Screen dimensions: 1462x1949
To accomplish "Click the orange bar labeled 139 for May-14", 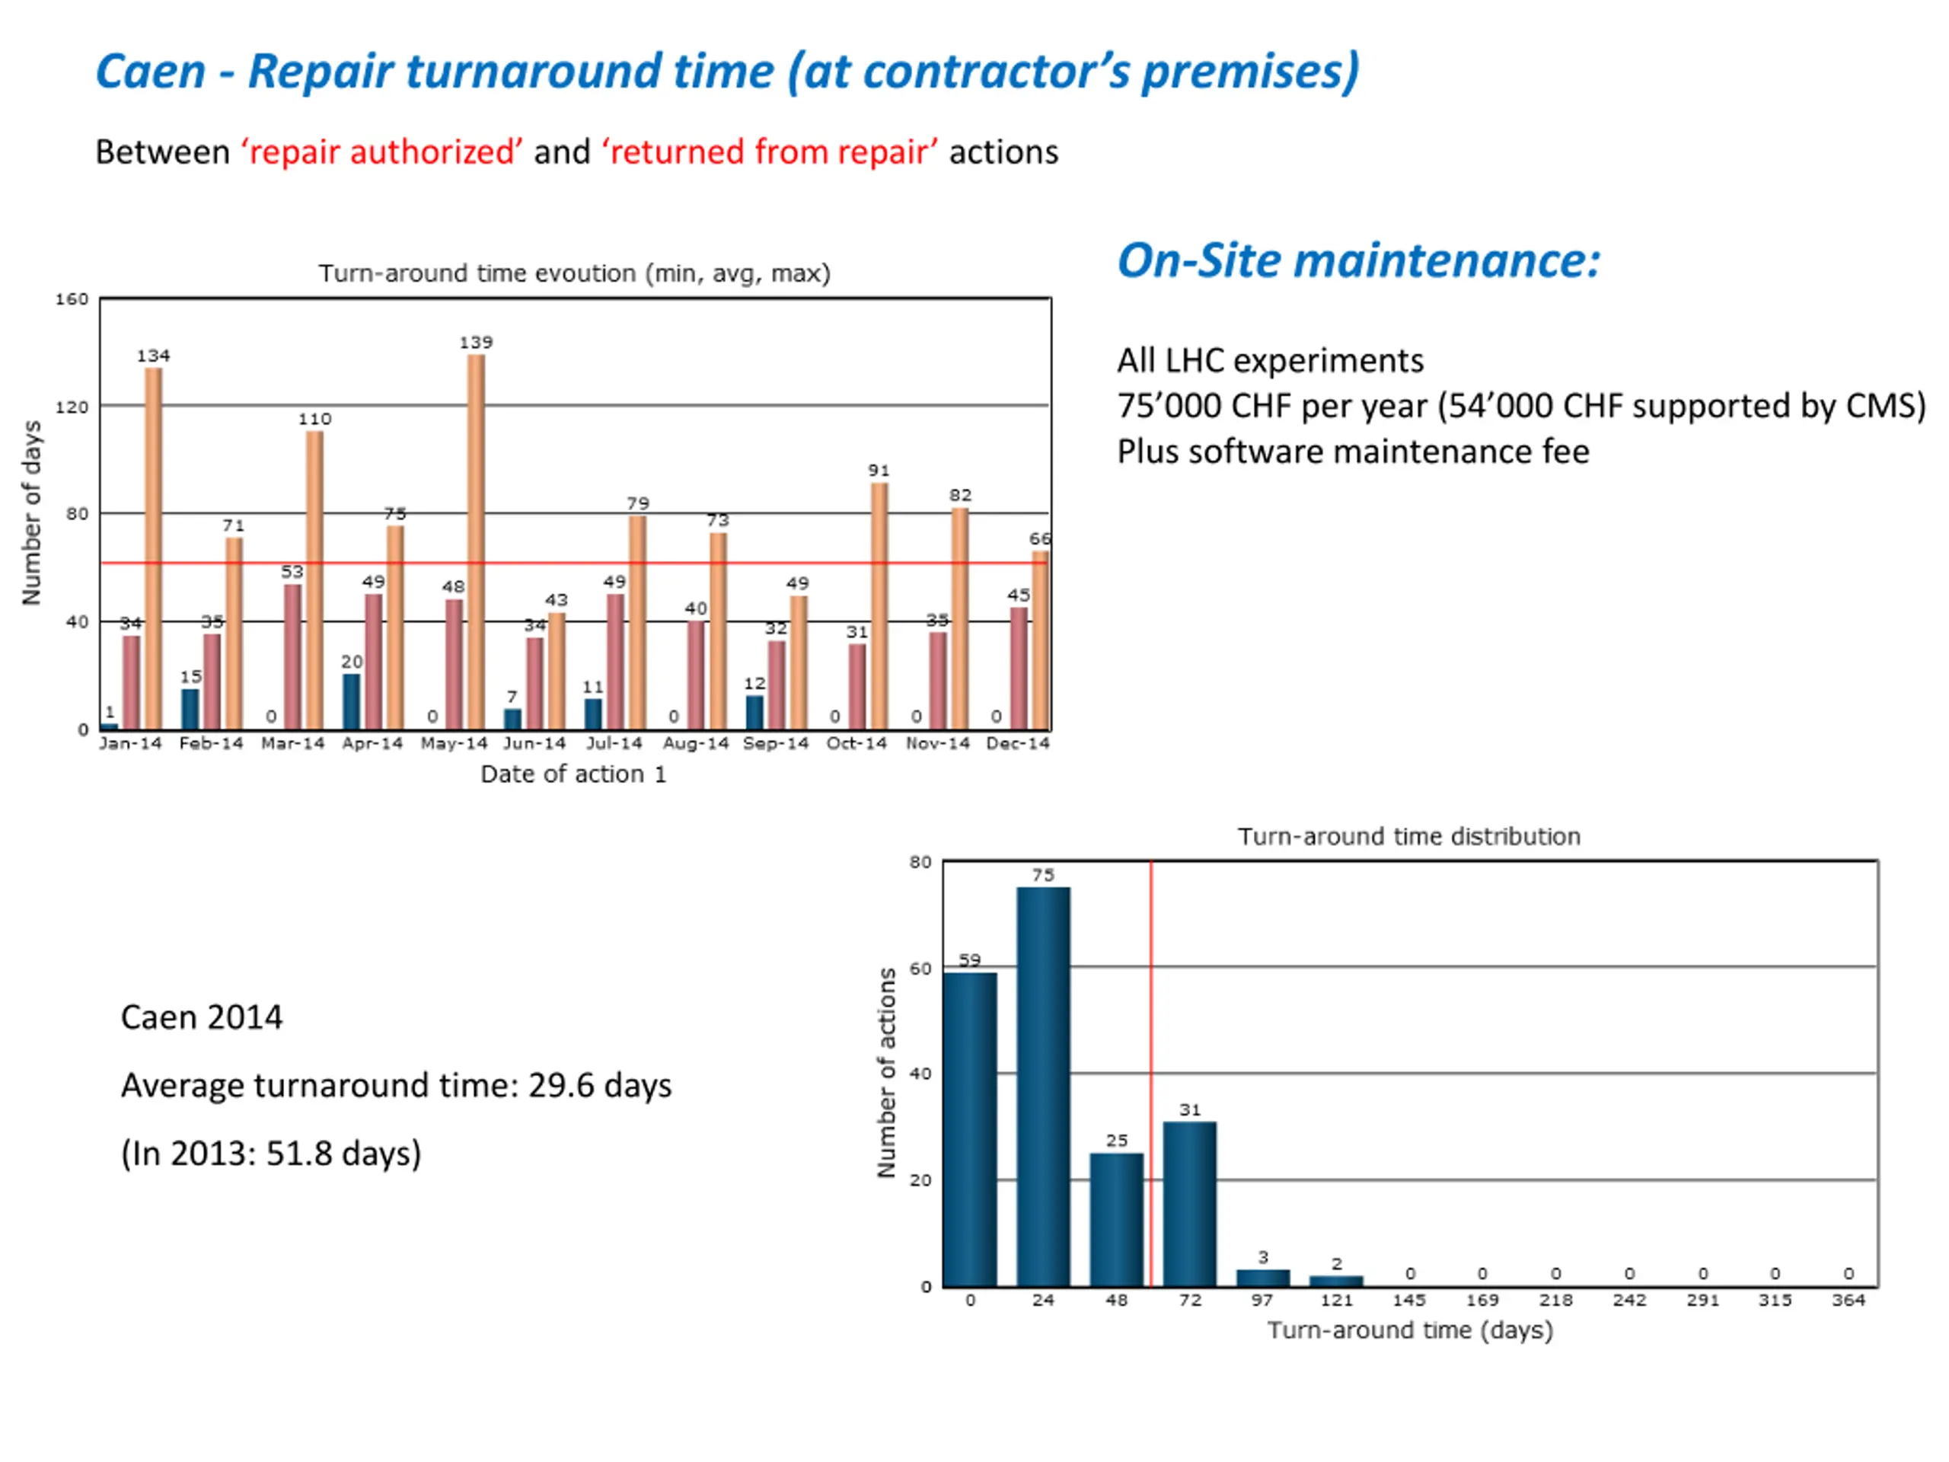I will [x=476, y=541].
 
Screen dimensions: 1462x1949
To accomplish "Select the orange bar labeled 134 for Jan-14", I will [x=153, y=548].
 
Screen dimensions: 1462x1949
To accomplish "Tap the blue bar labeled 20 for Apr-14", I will [x=352, y=701].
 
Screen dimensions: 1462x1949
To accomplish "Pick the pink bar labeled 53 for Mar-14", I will [x=292, y=656].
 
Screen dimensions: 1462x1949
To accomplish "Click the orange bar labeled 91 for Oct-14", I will [x=879, y=606].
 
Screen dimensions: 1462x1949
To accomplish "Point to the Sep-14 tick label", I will [x=775, y=744].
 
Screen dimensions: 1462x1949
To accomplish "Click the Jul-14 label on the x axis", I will [x=614, y=744].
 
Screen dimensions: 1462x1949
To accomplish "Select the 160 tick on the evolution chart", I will [x=72, y=299].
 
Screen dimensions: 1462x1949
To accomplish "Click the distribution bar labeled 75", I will [x=1043, y=1086].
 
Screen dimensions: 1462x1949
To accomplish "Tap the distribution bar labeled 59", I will [x=970, y=1129].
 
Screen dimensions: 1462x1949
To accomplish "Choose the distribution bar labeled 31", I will [x=1189, y=1203].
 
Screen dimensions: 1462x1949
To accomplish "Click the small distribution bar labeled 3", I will [x=1262, y=1278].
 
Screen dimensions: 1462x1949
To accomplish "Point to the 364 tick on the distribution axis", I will [x=1849, y=1301].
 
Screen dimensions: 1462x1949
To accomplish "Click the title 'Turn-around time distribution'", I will [x=1409, y=836].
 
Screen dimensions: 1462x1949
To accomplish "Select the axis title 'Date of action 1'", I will [x=573, y=774].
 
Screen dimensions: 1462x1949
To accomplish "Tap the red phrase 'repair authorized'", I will [x=382, y=152].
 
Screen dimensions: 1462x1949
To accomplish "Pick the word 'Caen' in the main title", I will [x=150, y=72].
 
